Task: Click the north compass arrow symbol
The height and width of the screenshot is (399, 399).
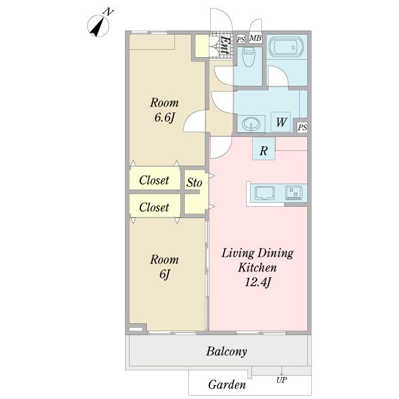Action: point(98,26)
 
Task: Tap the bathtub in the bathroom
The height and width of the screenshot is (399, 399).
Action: point(286,47)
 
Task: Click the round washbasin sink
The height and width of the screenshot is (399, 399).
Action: point(251,124)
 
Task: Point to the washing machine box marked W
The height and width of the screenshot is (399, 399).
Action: point(281,122)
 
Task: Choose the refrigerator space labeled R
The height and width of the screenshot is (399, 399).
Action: point(263,148)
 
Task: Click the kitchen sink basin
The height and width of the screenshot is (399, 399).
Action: point(265,192)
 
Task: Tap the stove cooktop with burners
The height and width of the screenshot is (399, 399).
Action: point(293,192)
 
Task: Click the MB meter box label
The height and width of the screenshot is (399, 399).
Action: point(255,38)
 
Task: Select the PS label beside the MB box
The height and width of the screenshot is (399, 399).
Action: point(241,39)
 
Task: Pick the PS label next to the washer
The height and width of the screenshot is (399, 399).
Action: point(303,127)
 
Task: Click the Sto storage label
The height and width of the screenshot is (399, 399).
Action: point(194,182)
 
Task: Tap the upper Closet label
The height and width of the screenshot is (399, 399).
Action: point(154,180)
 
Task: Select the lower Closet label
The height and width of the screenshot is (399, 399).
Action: point(154,207)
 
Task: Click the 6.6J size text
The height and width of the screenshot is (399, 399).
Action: point(165,117)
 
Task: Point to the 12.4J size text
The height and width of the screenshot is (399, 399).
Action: point(257,282)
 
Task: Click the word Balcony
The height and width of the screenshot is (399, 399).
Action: point(227,352)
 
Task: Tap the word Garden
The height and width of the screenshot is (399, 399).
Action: point(227,384)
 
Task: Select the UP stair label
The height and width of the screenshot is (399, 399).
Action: point(282,380)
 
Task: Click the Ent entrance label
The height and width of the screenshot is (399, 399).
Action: point(225,45)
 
